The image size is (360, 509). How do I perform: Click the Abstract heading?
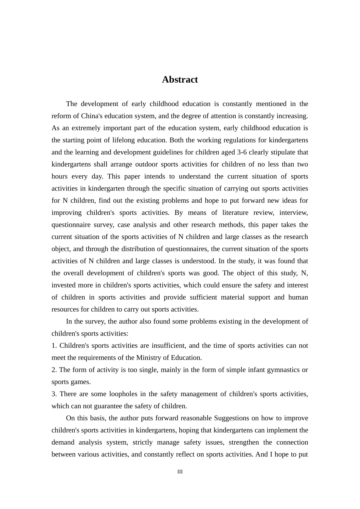180,80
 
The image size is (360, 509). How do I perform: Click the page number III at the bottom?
180,472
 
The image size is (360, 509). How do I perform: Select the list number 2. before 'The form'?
54,370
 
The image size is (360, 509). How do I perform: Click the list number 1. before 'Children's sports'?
54,345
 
